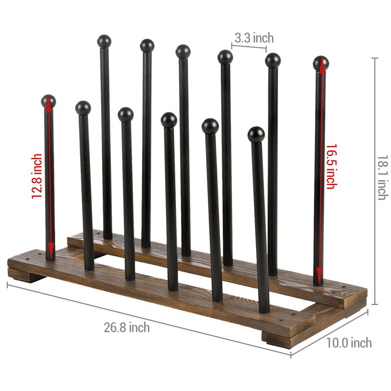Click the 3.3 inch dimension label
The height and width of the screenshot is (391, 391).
click(x=254, y=38)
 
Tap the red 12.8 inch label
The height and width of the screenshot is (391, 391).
click(x=37, y=176)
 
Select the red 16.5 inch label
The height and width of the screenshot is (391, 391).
click(x=330, y=166)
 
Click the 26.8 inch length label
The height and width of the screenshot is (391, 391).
click(x=127, y=327)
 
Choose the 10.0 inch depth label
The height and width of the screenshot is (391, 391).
click(x=349, y=343)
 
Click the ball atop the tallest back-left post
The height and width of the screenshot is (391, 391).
click(x=104, y=41)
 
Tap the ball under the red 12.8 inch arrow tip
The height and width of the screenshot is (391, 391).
click(x=48, y=101)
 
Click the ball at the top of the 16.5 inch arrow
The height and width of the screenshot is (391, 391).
click(x=321, y=63)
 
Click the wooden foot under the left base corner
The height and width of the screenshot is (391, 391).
click(x=27, y=277)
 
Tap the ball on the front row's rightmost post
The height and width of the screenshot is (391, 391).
click(x=256, y=134)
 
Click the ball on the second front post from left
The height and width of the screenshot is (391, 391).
click(x=83, y=108)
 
